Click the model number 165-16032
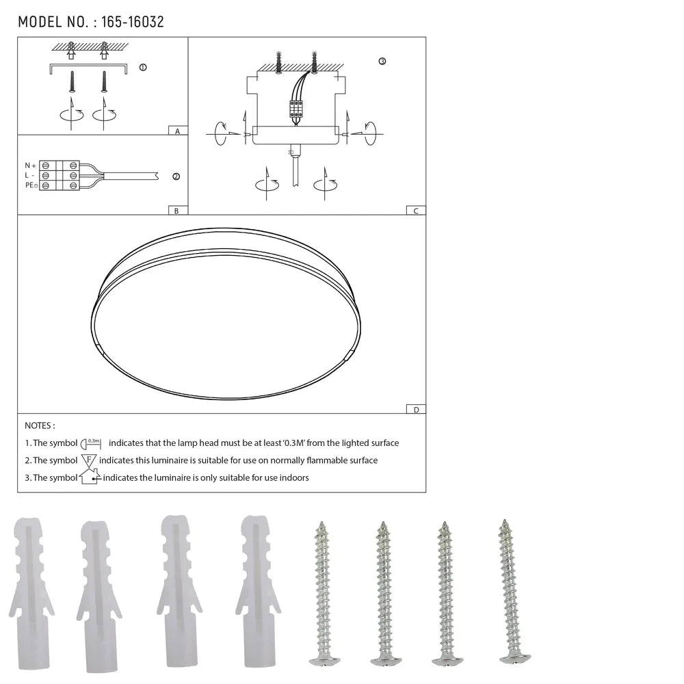tap(132, 22)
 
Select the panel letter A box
tap(177, 131)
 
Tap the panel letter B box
tap(176, 211)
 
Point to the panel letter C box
tap(415, 211)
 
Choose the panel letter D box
tap(415, 410)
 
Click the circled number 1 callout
tap(142, 67)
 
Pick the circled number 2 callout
tap(176, 176)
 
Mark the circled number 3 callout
tap(382, 62)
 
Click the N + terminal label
tap(30, 166)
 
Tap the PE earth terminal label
tap(31, 185)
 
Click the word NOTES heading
tap(40, 426)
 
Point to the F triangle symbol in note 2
tap(89, 460)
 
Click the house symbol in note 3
tap(90, 477)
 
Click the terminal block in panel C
tap(296, 109)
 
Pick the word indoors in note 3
tap(293, 477)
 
